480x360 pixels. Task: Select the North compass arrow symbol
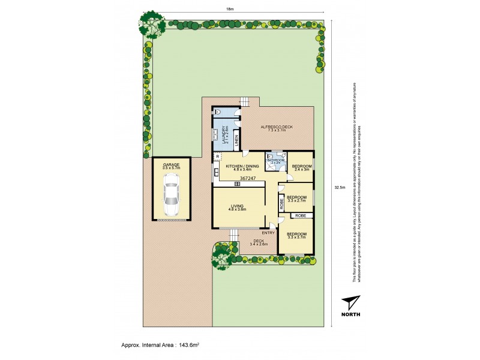tap(349, 303)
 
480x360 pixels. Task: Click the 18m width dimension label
tap(230, 9)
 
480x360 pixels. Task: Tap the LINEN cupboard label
tap(237, 143)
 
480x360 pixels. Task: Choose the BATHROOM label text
tap(276, 160)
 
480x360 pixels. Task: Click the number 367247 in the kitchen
tap(248, 178)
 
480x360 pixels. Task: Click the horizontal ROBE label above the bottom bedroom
tap(301, 215)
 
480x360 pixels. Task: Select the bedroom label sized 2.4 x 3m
tap(300, 167)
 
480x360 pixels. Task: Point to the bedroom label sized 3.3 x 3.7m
tap(296, 235)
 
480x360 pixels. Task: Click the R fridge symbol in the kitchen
tap(218, 157)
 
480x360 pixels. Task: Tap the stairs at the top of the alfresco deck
tap(244, 101)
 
